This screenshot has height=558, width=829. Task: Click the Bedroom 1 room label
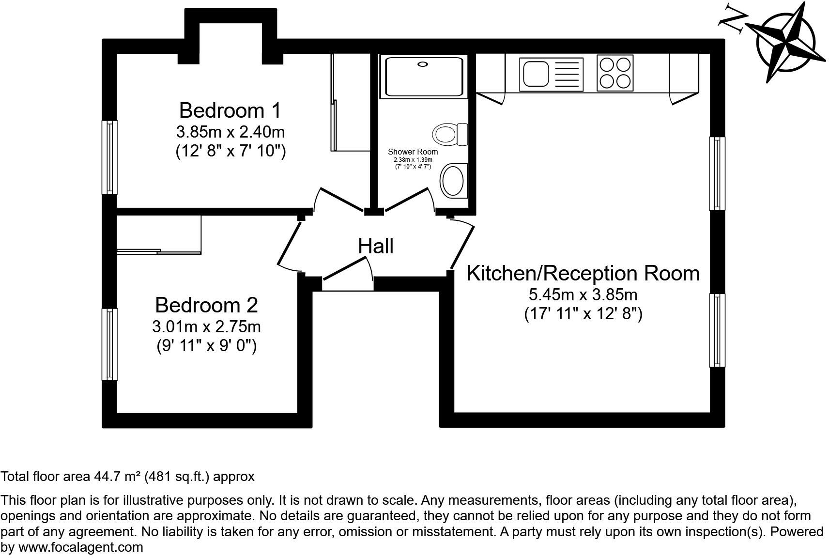[x=230, y=110]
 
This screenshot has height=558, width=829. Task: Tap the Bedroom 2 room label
[x=206, y=305]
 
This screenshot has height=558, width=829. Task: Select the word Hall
[x=375, y=246]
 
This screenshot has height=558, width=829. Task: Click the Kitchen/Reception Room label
[x=583, y=273]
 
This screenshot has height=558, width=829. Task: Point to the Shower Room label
[x=413, y=152]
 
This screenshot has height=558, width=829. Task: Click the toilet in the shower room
[x=450, y=134]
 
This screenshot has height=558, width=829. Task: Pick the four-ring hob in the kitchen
[x=615, y=73]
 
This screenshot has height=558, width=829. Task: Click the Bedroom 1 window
[x=110, y=157]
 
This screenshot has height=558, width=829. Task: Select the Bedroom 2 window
[x=110, y=344]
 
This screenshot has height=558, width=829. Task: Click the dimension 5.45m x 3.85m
[x=583, y=294]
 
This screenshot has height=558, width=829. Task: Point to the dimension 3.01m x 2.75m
[x=206, y=326]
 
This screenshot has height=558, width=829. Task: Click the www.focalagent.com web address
[x=80, y=547]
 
